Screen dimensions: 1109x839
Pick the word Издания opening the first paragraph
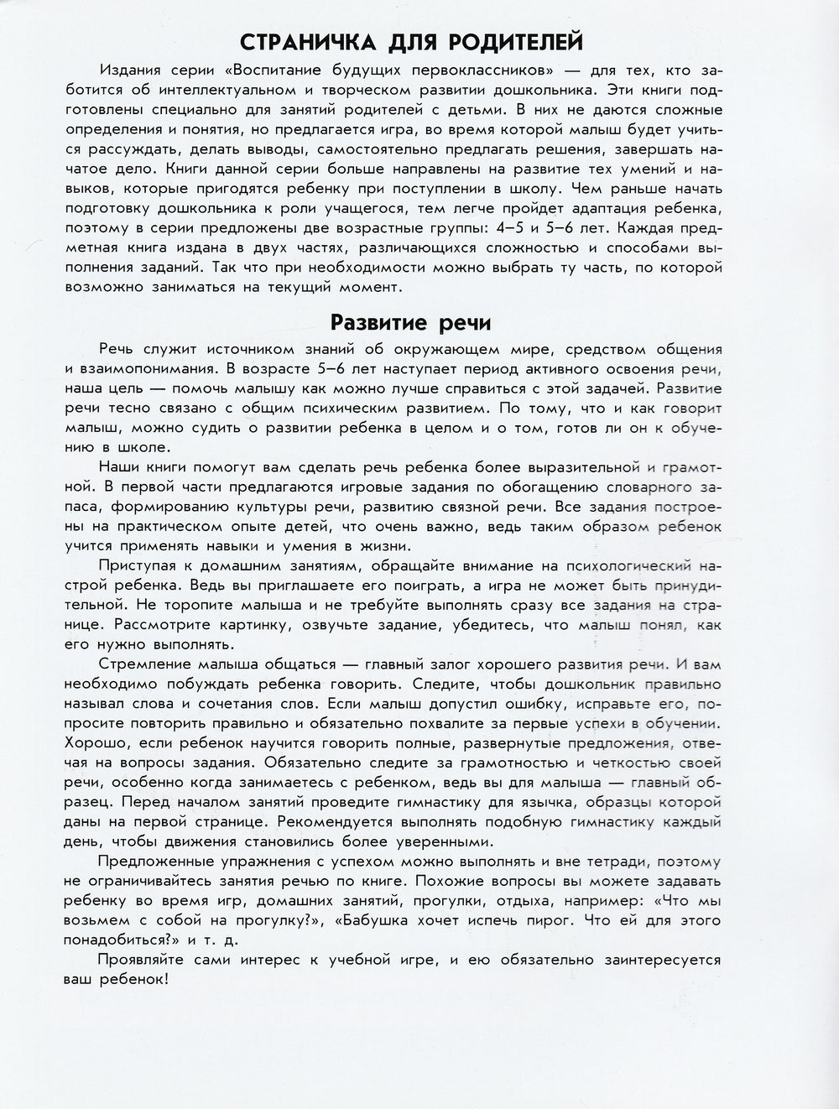[128, 70]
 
